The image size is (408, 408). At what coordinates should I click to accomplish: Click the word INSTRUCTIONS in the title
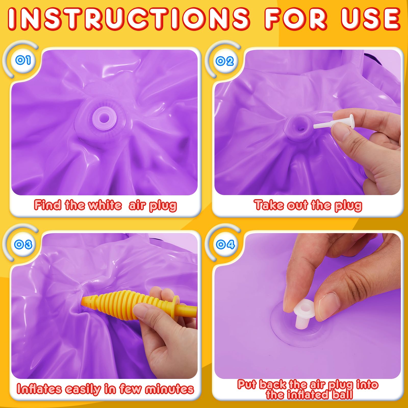tap(129, 19)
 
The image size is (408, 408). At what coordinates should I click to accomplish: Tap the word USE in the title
tap(370, 19)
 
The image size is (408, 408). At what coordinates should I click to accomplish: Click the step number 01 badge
tap(23, 60)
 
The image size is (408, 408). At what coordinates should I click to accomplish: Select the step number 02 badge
tap(225, 61)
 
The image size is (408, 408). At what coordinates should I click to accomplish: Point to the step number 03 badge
tap(23, 244)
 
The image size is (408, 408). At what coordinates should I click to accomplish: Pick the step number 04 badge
tap(225, 244)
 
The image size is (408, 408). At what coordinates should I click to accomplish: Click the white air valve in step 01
tap(105, 118)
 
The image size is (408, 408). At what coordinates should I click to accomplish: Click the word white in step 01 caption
tap(105, 205)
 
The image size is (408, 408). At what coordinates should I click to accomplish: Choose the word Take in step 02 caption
tap(269, 205)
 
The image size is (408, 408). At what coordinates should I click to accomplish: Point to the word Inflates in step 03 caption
tap(39, 389)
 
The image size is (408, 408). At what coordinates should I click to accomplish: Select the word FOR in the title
tap(296, 19)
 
